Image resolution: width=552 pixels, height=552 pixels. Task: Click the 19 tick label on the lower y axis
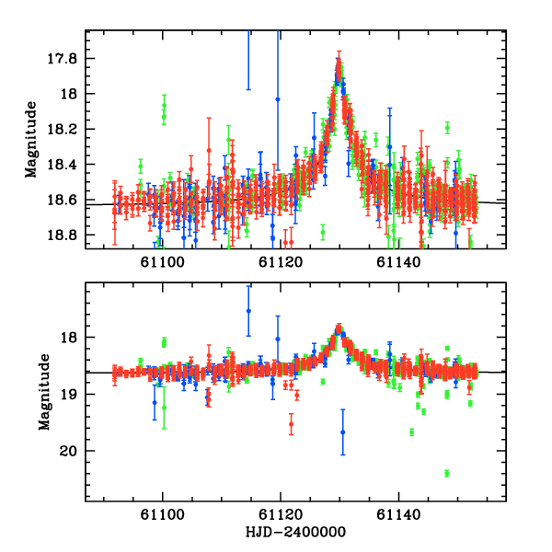[x=74, y=394]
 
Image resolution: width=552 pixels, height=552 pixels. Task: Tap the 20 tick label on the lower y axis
[x=74, y=451]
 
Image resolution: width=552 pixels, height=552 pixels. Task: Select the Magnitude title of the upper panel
[x=32, y=140]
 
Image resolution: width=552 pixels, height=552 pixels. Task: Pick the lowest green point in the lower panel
[x=446, y=473]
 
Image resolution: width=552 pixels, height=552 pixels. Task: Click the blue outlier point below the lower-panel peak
[x=342, y=431]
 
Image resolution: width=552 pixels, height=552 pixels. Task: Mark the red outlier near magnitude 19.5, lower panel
[x=291, y=424]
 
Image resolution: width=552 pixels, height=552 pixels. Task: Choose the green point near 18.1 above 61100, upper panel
[x=164, y=107]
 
